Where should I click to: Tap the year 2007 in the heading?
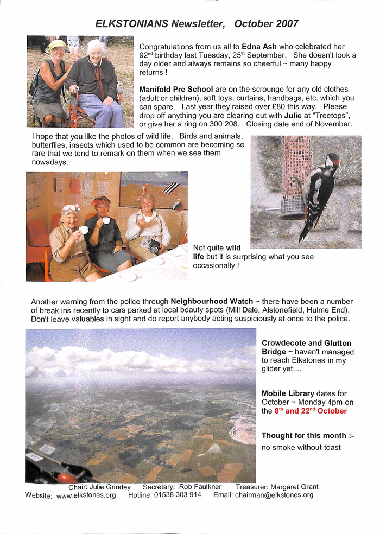[x=287, y=23]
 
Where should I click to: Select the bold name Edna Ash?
[x=259, y=47]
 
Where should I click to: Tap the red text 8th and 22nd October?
[x=311, y=411]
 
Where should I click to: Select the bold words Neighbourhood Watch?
[x=212, y=301]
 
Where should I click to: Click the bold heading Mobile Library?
[x=288, y=393]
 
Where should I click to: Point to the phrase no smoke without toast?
[x=301, y=447]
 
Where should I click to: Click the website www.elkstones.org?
[x=86, y=495]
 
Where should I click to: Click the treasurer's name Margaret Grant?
[x=294, y=487]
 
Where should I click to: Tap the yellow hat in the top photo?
[x=56, y=45]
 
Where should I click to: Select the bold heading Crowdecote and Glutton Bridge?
[x=306, y=347]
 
